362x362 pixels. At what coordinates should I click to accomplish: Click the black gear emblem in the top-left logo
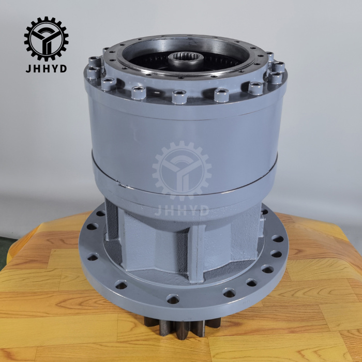coord(46,39)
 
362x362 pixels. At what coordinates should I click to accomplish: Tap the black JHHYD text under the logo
coord(46,68)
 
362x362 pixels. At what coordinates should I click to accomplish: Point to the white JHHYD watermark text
coord(182,210)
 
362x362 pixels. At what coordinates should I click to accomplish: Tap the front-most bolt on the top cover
coord(179,96)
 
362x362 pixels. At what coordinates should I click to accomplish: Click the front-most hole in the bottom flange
coord(173,299)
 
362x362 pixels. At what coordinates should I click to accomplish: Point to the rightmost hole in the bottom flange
coord(278,238)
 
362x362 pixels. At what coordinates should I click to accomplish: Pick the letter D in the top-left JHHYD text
coord(63,68)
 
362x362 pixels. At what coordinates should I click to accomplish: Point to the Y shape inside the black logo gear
coord(46,39)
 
